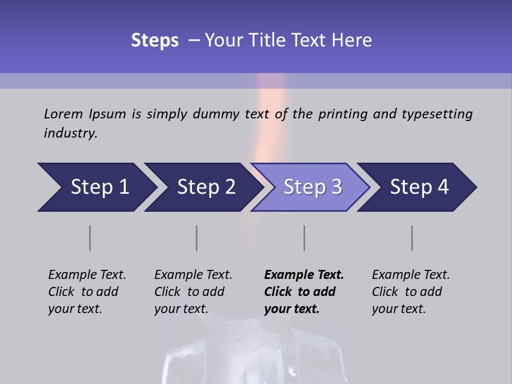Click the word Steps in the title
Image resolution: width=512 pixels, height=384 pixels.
[x=155, y=41]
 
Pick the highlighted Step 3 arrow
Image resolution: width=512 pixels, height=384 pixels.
[x=313, y=187]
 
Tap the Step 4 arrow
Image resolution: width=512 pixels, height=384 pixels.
[x=419, y=187]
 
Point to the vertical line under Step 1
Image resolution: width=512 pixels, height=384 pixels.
[x=90, y=238]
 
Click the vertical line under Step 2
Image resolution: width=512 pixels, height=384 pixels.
[x=197, y=238]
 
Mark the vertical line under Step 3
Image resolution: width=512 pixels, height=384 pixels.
[x=305, y=238]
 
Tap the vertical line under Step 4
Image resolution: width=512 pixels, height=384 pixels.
[x=412, y=238]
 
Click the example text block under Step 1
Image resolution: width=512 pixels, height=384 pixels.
[x=87, y=292]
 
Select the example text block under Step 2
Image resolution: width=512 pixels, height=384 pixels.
[x=193, y=292]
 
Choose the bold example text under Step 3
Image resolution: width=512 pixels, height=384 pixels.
[x=304, y=292]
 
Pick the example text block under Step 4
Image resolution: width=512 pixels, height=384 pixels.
[x=411, y=292]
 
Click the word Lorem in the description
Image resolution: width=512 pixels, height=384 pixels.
[x=63, y=114]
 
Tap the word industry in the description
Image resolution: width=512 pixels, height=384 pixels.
[x=70, y=133]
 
